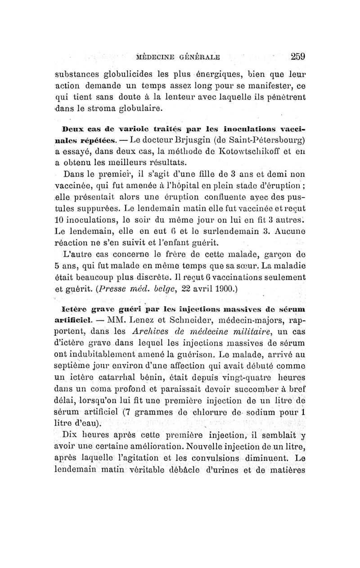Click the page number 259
298,57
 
